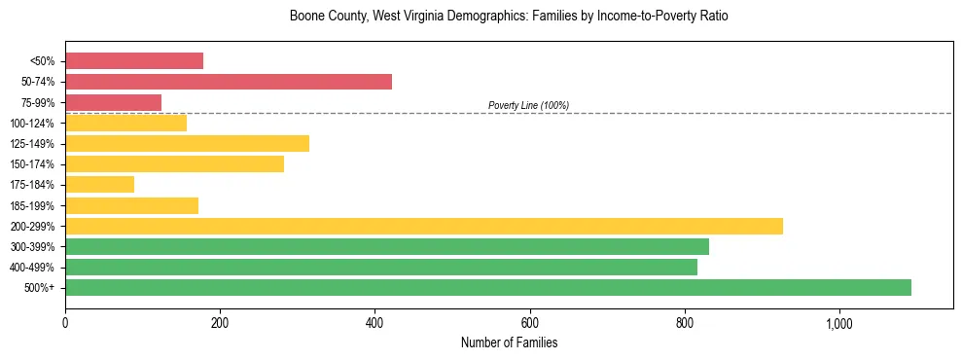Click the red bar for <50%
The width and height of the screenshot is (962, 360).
(x=134, y=61)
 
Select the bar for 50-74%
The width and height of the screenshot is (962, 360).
(x=229, y=82)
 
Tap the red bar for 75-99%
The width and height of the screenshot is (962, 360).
(x=113, y=102)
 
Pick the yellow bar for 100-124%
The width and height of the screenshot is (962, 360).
(x=125, y=123)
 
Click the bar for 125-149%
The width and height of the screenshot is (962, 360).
(x=187, y=144)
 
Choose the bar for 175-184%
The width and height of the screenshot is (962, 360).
(x=99, y=185)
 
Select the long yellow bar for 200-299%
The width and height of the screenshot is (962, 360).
(x=424, y=226)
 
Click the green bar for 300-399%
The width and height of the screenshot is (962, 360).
(x=387, y=247)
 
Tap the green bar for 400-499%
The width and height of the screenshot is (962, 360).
(x=381, y=268)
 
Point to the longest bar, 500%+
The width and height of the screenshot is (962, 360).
(x=488, y=288)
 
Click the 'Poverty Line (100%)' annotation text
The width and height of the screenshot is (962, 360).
(x=528, y=105)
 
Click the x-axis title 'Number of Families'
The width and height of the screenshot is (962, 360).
(x=509, y=343)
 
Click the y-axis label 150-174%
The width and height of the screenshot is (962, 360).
(x=33, y=164)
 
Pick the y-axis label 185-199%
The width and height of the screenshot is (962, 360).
(x=33, y=206)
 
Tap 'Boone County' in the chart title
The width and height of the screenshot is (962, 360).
(x=324, y=17)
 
